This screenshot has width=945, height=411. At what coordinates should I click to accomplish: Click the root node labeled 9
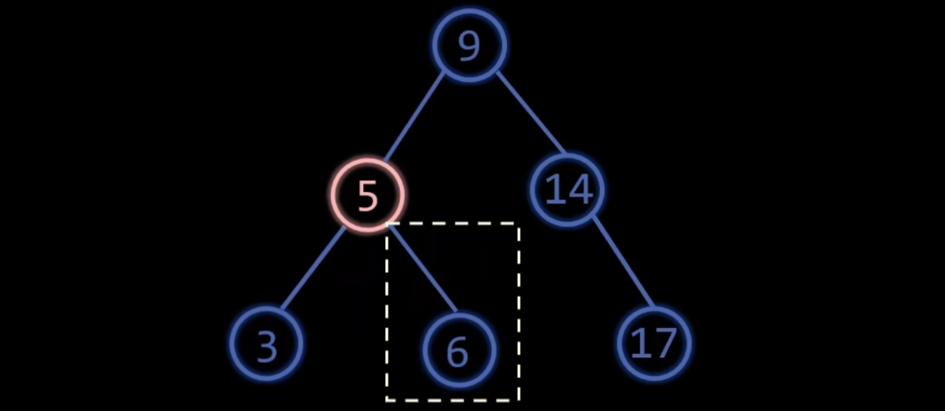point(469,45)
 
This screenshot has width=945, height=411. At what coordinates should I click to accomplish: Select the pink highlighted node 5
point(367,194)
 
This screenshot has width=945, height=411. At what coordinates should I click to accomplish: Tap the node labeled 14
point(568,189)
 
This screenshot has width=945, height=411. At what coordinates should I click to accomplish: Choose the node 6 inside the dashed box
point(458,351)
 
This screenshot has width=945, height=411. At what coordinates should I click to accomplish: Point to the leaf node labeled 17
point(653,343)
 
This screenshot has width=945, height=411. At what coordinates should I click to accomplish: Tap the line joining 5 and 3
point(314,267)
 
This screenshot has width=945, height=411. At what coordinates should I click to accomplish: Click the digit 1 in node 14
point(554,190)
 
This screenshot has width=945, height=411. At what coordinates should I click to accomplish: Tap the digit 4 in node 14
point(579,190)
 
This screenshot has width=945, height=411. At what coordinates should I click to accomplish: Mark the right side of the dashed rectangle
point(519,311)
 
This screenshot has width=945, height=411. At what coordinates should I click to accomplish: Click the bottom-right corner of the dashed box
point(519,399)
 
